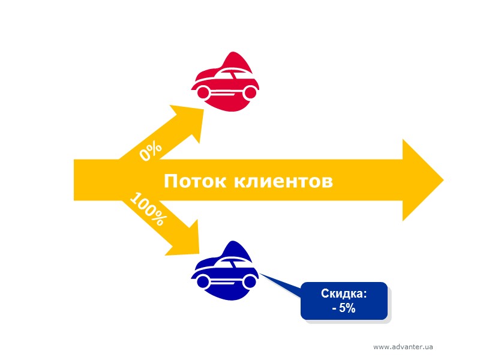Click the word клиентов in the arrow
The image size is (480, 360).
click(x=282, y=181)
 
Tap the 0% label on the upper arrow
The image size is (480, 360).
click(x=150, y=151)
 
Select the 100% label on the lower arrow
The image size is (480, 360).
click(x=147, y=209)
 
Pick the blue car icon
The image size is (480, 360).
click(x=225, y=273)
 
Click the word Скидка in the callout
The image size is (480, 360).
click(x=344, y=295)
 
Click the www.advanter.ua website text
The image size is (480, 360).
click(x=403, y=347)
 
